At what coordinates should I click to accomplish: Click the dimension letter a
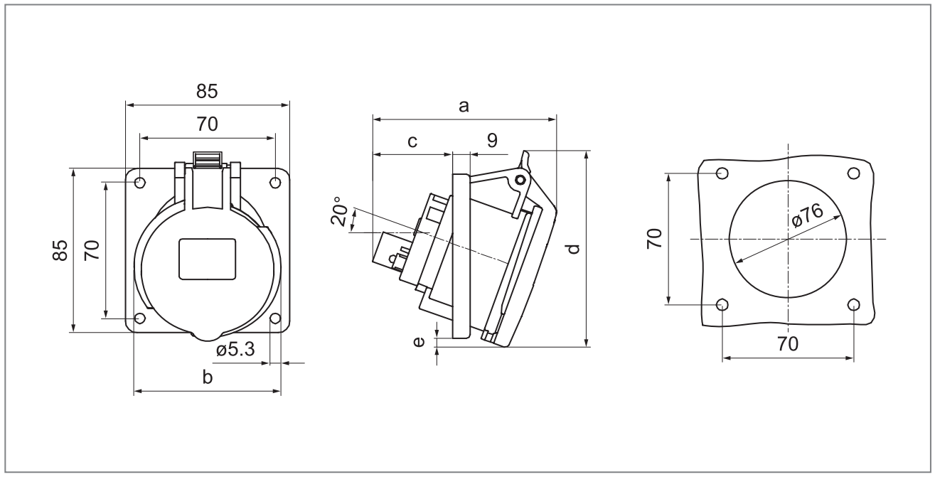(464, 106)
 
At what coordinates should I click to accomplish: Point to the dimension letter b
(208, 377)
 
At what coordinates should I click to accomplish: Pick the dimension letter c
(412, 141)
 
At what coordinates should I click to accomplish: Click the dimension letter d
(575, 249)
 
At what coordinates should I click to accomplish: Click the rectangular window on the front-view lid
(207, 259)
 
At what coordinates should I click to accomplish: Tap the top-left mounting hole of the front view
(140, 183)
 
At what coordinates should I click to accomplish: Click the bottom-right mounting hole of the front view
(275, 318)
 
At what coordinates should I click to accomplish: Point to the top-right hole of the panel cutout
(854, 173)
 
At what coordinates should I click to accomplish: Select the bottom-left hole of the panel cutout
(722, 305)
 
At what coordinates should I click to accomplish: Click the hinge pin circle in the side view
(521, 181)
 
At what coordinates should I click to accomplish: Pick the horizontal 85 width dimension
(207, 92)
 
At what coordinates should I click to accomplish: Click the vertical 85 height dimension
(60, 250)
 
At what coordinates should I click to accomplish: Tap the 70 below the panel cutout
(787, 344)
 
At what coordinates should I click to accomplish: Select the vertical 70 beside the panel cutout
(654, 238)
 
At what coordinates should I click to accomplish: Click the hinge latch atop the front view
(208, 161)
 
